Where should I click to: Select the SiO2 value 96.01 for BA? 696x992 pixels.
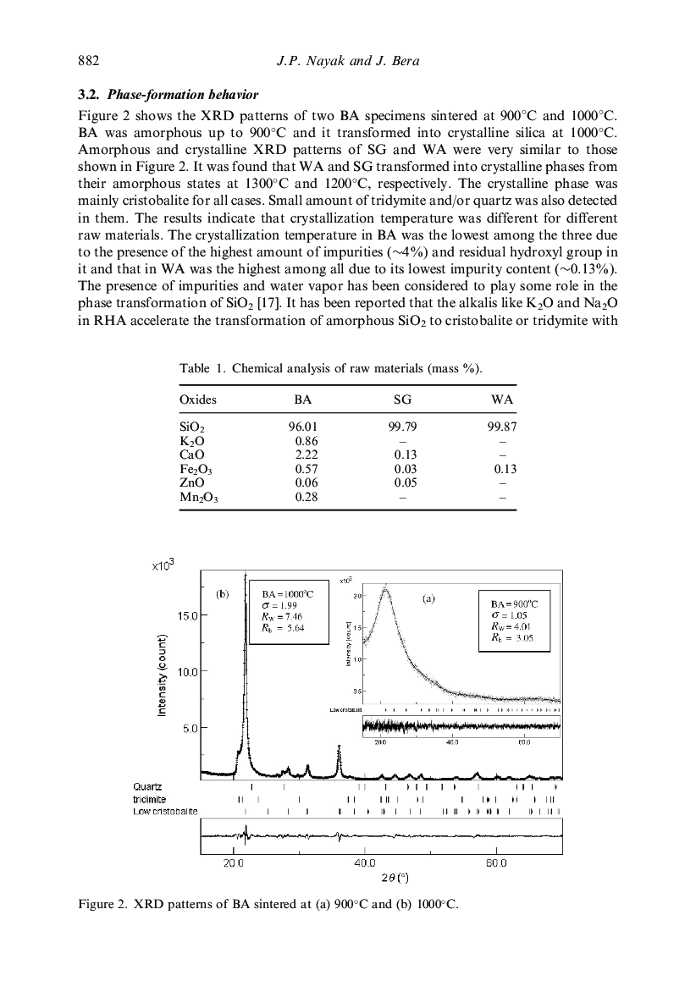[x=302, y=428]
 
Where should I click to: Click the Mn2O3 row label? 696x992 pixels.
[x=198, y=497]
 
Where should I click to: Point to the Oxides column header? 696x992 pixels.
[x=198, y=400]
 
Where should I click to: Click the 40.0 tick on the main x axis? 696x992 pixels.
[x=364, y=864]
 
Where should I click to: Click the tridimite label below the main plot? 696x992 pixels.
[x=149, y=799]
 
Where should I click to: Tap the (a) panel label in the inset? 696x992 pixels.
[x=428, y=598]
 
